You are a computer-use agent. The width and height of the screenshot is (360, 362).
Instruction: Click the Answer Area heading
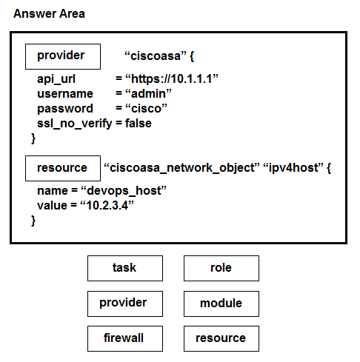click(49, 13)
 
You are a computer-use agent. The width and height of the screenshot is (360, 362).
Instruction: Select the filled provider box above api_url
click(63, 56)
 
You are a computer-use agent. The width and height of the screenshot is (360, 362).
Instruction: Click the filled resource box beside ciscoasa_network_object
click(63, 168)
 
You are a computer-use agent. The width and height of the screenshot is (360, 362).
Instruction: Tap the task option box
click(125, 268)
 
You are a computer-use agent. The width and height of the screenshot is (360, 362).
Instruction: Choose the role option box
click(221, 268)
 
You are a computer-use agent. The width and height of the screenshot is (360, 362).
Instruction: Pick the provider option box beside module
click(125, 304)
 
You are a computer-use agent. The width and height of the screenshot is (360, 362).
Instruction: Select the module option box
click(221, 304)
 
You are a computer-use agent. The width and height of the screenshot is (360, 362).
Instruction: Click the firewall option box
click(125, 338)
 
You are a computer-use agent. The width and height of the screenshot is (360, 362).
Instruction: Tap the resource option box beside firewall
click(221, 338)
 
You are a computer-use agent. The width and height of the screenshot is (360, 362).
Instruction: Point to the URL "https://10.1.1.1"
click(172, 79)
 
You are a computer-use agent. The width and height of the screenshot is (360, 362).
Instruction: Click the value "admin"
click(148, 94)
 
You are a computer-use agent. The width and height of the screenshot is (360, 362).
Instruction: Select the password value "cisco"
click(146, 109)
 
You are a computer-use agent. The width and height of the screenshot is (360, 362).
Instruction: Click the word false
click(139, 123)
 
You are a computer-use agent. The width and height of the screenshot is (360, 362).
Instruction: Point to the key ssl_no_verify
click(74, 124)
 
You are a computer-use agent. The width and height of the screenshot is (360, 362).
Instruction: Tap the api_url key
click(56, 79)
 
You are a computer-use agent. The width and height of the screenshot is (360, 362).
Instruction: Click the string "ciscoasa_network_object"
click(181, 168)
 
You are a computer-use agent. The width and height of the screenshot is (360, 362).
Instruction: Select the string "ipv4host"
click(293, 168)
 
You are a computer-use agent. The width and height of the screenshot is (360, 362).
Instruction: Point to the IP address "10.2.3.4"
click(107, 205)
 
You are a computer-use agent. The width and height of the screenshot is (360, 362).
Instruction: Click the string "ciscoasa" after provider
click(156, 56)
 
